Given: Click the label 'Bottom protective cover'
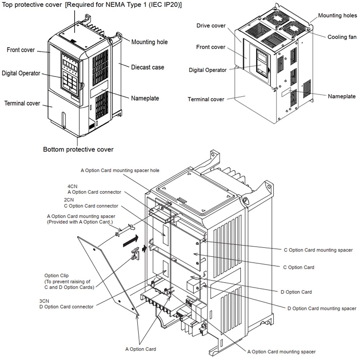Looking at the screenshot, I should [78, 149].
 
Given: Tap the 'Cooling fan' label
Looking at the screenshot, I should [342, 37].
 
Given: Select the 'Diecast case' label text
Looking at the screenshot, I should [147, 67].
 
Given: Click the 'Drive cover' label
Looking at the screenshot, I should [211, 26].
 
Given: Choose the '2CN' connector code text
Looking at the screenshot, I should [69, 200].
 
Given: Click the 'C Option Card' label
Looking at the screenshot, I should [299, 267].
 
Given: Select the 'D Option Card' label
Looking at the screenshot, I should [296, 292].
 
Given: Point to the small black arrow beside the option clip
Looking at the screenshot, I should [145, 248].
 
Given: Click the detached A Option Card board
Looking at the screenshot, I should [108, 274].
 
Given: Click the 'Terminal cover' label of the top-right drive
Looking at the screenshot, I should [206, 99].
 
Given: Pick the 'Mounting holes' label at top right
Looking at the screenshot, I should [337, 15].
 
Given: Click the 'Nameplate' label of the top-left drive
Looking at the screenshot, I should [145, 98].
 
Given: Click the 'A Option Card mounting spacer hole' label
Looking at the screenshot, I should [120, 170].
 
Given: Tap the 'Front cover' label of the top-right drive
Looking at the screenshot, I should [211, 47].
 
